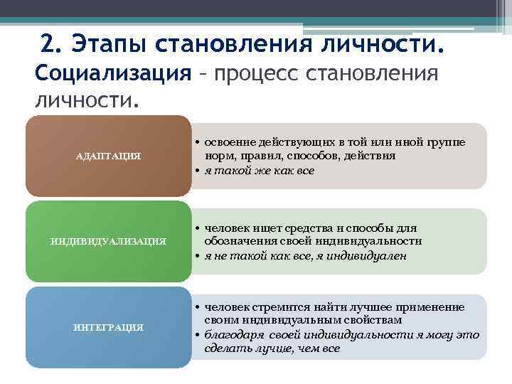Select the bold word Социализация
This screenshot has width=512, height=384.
[x=113, y=73]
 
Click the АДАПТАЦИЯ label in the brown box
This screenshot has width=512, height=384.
[x=108, y=156]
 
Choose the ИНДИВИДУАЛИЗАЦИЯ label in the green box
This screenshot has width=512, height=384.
[x=108, y=241]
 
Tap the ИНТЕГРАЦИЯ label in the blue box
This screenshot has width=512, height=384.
[x=108, y=326]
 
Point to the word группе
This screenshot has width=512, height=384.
[x=447, y=142]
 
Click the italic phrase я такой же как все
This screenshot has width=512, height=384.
[x=259, y=171]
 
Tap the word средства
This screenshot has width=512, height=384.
[x=307, y=228]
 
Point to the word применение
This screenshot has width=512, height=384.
[x=434, y=306]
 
